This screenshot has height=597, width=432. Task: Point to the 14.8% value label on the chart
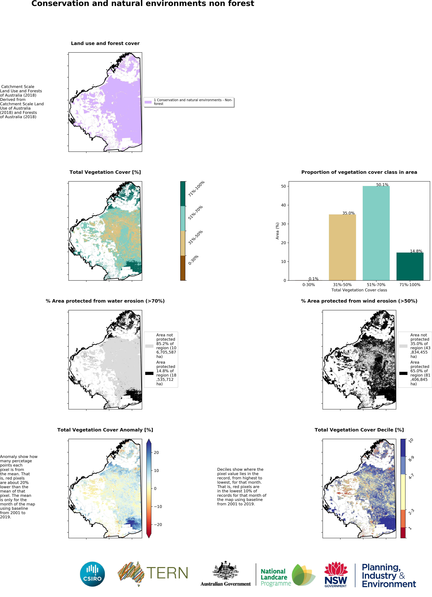tap(416, 251)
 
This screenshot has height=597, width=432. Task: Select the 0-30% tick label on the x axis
tap(308, 285)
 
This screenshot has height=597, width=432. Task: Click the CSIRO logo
tap(92, 574)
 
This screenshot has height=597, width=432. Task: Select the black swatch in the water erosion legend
tap(149, 373)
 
